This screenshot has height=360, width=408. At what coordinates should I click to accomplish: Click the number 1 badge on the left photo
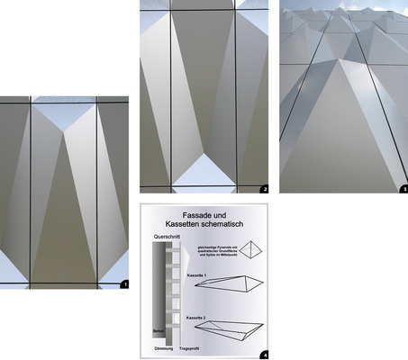coord(125,283)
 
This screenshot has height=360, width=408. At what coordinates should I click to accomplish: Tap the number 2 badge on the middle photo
coord(264,189)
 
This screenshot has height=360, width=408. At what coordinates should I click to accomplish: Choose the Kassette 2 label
coord(197,318)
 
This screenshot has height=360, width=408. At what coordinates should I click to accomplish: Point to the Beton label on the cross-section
coord(156,332)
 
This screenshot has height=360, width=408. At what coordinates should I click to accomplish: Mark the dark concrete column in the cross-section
coord(156,288)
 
